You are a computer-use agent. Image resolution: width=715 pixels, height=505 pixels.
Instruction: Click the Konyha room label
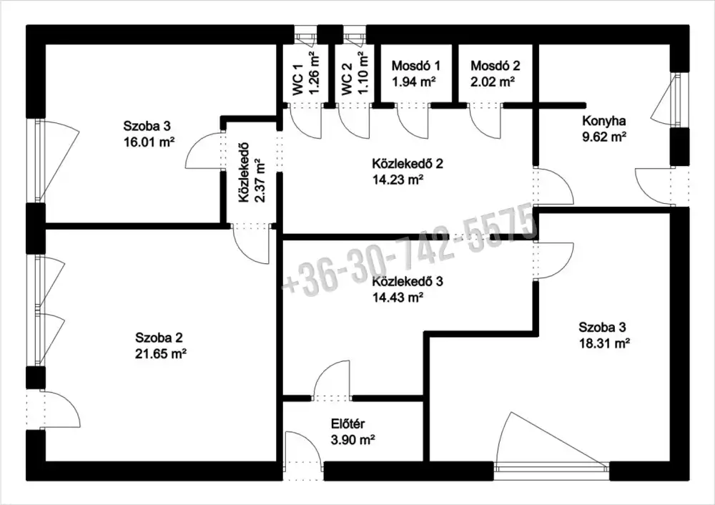point(603,121)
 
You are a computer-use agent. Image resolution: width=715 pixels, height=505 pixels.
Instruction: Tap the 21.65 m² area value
point(161,353)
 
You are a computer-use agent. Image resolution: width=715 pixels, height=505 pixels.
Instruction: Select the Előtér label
point(348,423)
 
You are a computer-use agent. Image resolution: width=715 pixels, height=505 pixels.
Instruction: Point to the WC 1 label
point(298,80)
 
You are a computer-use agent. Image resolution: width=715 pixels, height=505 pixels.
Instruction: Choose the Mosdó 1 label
point(416,66)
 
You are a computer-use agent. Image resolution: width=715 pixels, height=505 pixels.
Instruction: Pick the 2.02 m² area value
point(493,82)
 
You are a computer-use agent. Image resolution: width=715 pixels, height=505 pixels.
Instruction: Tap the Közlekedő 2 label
point(408,163)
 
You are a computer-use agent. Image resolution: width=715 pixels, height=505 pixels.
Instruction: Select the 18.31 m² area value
point(605,343)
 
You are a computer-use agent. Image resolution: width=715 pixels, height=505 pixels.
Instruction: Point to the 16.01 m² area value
point(149,142)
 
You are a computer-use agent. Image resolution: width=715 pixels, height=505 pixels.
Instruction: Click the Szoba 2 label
point(159,338)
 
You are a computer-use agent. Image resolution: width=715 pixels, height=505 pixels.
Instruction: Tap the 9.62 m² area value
point(603,137)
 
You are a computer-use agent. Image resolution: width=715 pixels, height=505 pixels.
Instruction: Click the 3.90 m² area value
point(352,440)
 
